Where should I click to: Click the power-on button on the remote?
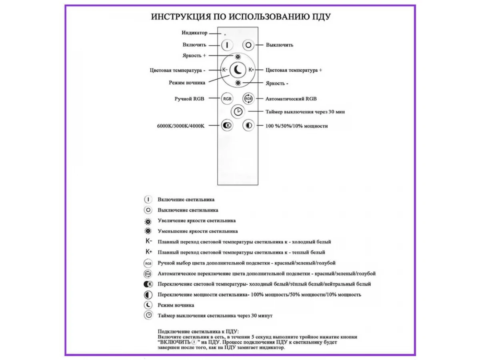pos(227,45)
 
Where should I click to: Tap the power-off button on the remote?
pos(249,45)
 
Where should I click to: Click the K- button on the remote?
pos(225,70)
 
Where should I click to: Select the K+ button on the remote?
pos(251,70)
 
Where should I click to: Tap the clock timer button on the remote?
pos(238,112)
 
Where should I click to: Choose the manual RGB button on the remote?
pos(227,98)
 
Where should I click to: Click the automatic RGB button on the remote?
pos(248,98)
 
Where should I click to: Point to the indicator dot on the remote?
pos(225,35)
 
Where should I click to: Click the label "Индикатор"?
pos(194,33)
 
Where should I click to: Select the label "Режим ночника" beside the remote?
pos(187,83)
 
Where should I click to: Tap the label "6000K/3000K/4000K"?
pos(181,126)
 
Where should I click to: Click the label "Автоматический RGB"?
pos(291,98)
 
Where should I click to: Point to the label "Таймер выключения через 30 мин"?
pos(305,112)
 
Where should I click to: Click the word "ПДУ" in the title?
pos(321,17)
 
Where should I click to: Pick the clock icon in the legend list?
pos(148,315)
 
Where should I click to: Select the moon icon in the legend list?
pos(148,305)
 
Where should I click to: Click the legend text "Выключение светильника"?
pos(188,210)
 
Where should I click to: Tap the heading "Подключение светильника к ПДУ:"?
pos(198,332)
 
